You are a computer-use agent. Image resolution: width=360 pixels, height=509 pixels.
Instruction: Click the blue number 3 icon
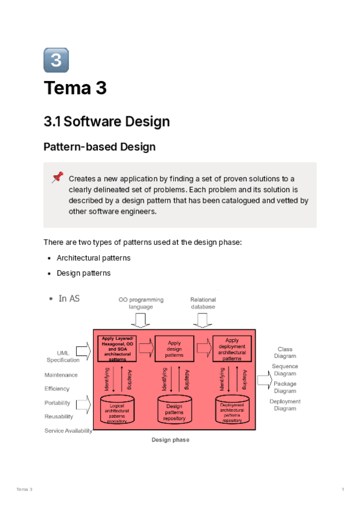click(x=56, y=60)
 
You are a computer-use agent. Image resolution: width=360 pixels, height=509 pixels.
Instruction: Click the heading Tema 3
click(x=75, y=88)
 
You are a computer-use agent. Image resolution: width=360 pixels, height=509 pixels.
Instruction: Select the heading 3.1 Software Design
click(x=107, y=121)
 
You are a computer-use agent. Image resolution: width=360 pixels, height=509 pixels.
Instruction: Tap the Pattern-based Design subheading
click(x=100, y=146)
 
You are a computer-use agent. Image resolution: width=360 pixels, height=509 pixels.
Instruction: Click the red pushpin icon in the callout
click(x=58, y=177)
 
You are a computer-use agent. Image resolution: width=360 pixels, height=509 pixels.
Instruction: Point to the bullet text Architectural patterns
click(x=94, y=258)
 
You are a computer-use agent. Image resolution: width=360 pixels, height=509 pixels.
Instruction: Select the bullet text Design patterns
click(x=83, y=273)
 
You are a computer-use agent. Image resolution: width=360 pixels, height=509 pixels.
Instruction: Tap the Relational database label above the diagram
click(x=203, y=303)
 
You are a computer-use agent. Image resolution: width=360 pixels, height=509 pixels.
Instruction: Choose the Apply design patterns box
click(x=174, y=349)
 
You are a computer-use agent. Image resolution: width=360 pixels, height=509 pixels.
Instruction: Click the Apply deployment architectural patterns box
click(x=232, y=349)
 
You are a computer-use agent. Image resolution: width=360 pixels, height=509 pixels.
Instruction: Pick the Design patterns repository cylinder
click(x=174, y=409)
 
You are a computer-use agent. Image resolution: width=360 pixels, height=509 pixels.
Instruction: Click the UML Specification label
click(x=63, y=357)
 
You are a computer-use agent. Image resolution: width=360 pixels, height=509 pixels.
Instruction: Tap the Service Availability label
click(x=68, y=431)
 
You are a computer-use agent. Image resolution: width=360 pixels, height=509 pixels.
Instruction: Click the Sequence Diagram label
click(x=284, y=370)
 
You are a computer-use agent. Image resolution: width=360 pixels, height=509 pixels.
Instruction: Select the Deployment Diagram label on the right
click(x=285, y=405)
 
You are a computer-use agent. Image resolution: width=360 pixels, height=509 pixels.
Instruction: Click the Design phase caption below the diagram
click(x=170, y=440)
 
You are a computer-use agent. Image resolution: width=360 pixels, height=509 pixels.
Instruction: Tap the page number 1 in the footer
click(x=343, y=490)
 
